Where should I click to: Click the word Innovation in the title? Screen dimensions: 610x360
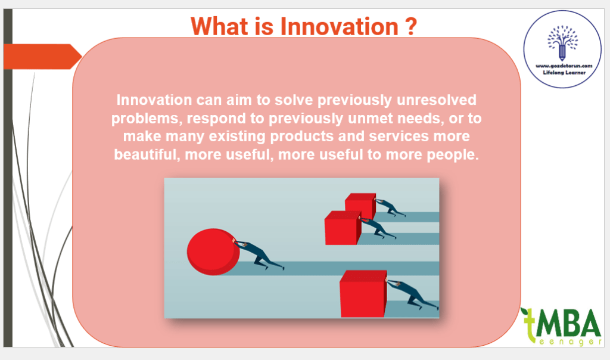pyautogui.click(x=339, y=26)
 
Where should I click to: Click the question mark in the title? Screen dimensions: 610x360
pyautogui.click(x=411, y=26)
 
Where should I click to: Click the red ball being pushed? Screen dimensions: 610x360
pyautogui.click(x=213, y=252)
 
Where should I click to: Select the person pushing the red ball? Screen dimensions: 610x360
pyautogui.click(x=259, y=255)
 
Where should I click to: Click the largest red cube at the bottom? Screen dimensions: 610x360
pyautogui.click(x=363, y=294)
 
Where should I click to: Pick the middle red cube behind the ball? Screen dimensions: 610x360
pyautogui.click(x=343, y=228)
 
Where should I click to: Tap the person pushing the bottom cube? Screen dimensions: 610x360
pyautogui.click(x=412, y=294)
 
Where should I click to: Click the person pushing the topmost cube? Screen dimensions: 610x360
pyautogui.click(x=390, y=207)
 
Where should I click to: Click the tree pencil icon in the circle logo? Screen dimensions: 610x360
pyautogui.click(x=562, y=43)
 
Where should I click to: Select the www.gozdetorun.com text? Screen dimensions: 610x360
pyautogui.click(x=564, y=66)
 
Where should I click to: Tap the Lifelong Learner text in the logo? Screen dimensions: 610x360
pyautogui.click(x=564, y=72)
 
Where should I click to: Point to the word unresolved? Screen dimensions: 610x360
pyautogui.click(x=437, y=100)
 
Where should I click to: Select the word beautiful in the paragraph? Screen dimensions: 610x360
pyautogui.click(x=147, y=155)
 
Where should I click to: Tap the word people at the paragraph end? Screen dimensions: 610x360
pyautogui.click(x=453, y=155)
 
